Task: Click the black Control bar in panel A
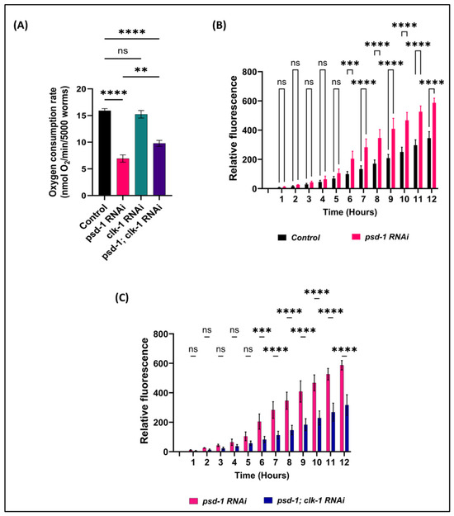tap(105, 153)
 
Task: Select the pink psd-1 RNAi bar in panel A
tap(123, 177)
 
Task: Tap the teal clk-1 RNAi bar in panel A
tap(141, 155)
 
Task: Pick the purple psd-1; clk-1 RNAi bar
tap(159, 169)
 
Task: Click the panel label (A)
tap(21, 26)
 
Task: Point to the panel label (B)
tap(219, 25)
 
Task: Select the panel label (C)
tap(121, 297)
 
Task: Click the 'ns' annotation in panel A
tap(123, 51)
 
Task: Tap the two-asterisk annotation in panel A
tap(141, 69)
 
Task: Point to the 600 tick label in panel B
tap(249, 101)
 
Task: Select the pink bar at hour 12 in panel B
tap(434, 145)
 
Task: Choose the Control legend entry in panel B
tap(299, 238)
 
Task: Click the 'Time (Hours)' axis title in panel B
tap(350, 212)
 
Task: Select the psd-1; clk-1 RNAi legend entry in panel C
tap(305, 500)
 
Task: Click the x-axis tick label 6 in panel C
tap(262, 462)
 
